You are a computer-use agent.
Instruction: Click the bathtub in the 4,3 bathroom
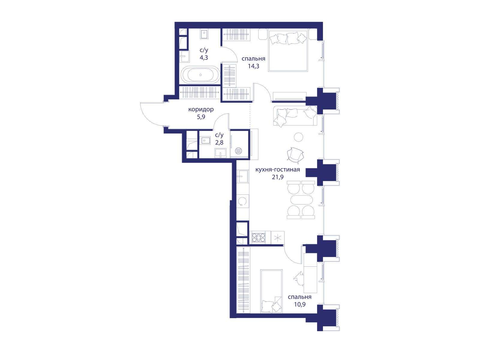click(200, 75)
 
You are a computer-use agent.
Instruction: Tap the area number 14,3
click(253, 66)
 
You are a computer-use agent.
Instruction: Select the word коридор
click(201, 109)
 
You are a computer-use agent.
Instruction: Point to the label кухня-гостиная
click(278, 169)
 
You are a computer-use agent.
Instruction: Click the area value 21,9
click(278, 177)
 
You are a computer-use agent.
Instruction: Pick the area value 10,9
click(300, 304)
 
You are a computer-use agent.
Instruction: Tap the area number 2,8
click(219, 142)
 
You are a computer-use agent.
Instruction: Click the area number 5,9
click(201, 117)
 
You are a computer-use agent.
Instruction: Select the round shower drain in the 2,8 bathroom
click(239, 151)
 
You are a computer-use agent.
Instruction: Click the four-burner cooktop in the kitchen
click(259, 237)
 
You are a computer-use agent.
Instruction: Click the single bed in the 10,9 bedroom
click(271, 291)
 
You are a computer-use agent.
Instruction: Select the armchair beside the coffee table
click(295, 155)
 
